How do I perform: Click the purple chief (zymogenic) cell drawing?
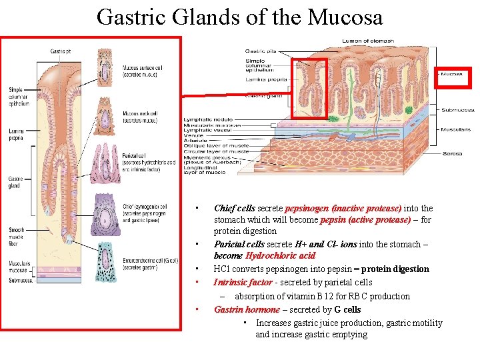click(x=106, y=214)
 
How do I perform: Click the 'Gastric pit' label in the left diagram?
click(x=60, y=51)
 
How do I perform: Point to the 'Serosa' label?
click(x=452, y=154)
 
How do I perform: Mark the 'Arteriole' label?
click(x=195, y=141)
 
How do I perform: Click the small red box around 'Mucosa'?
click(x=453, y=77)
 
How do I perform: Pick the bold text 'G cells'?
click(x=347, y=309)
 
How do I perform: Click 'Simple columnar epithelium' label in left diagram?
click(x=19, y=97)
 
